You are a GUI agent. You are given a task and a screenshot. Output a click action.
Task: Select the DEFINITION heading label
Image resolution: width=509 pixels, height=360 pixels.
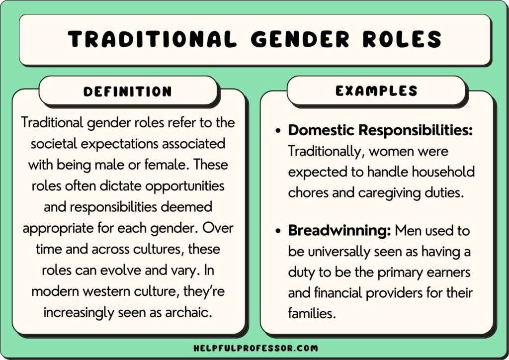(128, 91)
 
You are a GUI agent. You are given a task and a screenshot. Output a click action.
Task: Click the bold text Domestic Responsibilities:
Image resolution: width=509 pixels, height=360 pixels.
(380, 130)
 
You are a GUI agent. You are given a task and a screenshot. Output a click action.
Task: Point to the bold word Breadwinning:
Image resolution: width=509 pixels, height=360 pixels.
(339, 231)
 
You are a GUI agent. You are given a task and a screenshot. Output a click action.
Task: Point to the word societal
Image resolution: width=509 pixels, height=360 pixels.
(56, 144)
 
